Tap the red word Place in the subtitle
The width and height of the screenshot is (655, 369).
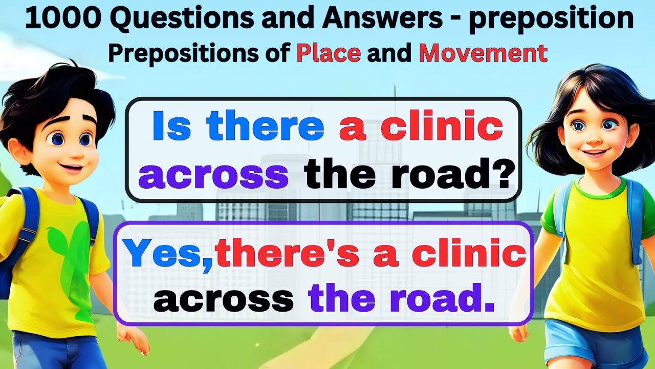pyautogui.click(x=329, y=53)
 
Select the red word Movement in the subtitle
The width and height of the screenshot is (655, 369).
pyautogui.click(x=483, y=53)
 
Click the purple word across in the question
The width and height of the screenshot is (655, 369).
pyautogui.click(x=213, y=175)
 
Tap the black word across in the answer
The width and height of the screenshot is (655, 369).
pyautogui.click(x=224, y=299)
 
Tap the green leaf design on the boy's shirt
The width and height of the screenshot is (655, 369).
pyautogui.click(x=64, y=246)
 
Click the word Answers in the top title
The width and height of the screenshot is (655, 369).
pyautogui.click(x=388, y=20)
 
